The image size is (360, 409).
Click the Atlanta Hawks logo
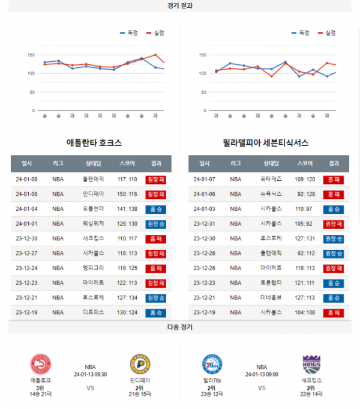(x=40, y=365)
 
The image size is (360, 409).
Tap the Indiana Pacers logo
(x=139, y=365)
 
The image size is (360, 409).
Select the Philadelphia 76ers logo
(x=212, y=365)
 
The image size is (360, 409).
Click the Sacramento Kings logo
(x=312, y=365)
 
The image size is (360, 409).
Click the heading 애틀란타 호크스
(x=94, y=143)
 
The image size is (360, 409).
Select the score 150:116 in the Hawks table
(x=127, y=194)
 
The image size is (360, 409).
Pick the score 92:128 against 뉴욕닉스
(x=305, y=194)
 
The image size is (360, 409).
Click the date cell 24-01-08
(x=27, y=179)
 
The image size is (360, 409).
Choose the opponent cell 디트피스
(x=93, y=312)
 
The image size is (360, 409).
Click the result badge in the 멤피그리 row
(x=156, y=268)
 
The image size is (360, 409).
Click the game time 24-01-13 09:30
(x=90, y=374)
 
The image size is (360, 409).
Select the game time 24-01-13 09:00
(x=262, y=374)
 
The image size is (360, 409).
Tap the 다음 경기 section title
(x=180, y=327)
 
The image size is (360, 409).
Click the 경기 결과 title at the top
(x=180, y=5)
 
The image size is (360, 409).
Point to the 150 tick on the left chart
(x=31, y=55)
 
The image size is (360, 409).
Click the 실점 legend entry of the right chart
(x=326, y=33)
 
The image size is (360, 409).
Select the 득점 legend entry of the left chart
(x=129, y=33)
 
